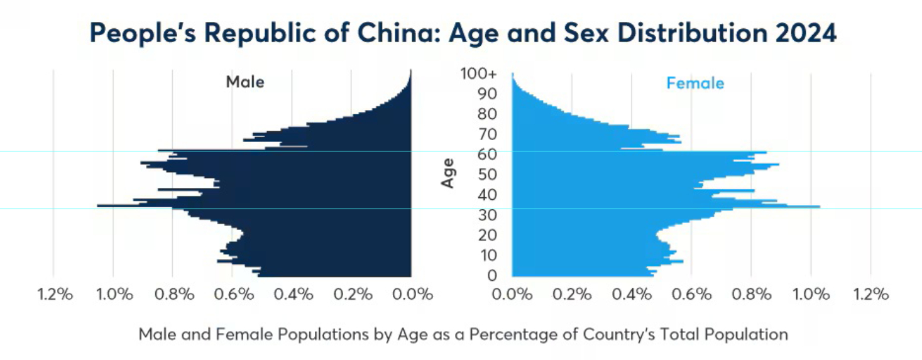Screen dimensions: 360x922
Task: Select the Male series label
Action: (x=245, y=82)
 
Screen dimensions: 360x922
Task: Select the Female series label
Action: (x=695, y=83)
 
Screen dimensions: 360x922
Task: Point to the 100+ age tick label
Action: (x=478, y=74)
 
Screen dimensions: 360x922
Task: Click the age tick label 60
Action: (x=487, y=155)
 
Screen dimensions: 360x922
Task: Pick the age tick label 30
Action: (x=487, y=215)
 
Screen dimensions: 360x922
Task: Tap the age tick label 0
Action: (x=491, y=275)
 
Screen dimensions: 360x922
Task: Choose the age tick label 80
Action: (x=487, y=114)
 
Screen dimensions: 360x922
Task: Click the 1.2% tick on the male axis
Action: (x=55, y=294)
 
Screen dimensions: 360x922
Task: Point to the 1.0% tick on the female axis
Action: (x=811, y=294)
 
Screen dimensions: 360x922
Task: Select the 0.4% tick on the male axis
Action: (x=293, y=294)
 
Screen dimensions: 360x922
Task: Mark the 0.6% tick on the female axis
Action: (x=691, y=294)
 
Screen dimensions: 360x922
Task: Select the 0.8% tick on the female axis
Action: (x=751, y=294)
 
